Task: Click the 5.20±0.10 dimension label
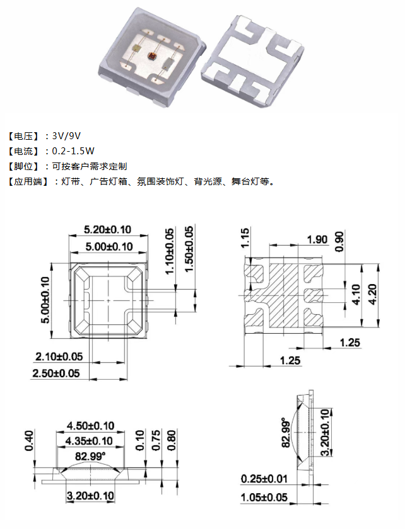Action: (x=108, y=230)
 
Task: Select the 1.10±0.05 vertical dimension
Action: (x=168, y=250)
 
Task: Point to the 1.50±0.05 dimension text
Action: (x=189, y=247)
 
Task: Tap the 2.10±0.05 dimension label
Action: (x=58, y=356)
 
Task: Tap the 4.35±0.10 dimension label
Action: (x=91, y=441)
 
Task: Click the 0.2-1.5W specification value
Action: (x=74, y=151)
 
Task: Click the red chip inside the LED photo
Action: (x=151, y=56)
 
